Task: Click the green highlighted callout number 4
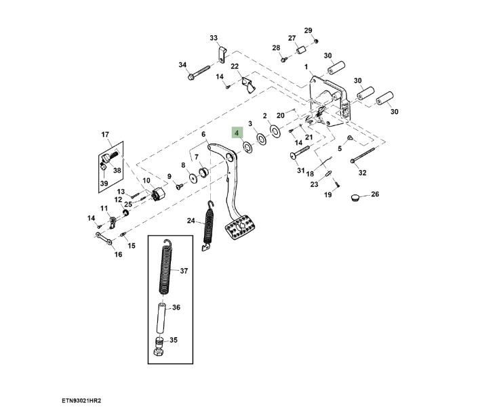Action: [x=237, y=133]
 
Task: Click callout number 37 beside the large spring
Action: [x=183, y=272]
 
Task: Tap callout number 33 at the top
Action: [x=214, y=37]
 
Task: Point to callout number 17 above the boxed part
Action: [x=105, y=134]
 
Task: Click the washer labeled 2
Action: [x=275, y=129]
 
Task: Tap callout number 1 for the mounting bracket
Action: [x=306, y=66]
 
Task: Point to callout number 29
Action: [x=308, y=31]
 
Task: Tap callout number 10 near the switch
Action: [x=146, y=181]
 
